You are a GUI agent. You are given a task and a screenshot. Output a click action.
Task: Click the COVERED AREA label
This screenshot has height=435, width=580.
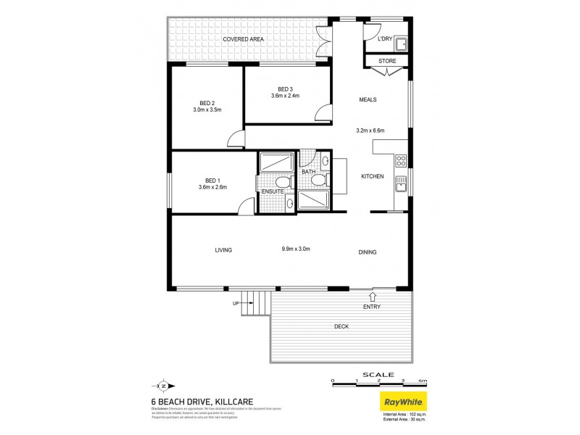click(243, 38)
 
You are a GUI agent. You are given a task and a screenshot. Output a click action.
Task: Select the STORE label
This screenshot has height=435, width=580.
click(388, 61)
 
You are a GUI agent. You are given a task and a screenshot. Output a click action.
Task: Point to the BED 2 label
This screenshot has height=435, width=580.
click(207, 102)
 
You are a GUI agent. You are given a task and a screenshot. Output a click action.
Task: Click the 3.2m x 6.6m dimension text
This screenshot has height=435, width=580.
click(370, 130)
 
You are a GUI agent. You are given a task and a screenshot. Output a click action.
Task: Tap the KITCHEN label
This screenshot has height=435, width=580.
click(373, 176)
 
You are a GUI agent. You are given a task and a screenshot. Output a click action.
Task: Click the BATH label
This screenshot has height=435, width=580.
click(308, 172)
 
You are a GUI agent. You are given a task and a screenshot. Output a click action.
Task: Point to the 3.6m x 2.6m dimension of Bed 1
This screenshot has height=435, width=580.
click(212, 187)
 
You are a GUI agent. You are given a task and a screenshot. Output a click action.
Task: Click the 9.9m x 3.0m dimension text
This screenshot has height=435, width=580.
click(296, 250)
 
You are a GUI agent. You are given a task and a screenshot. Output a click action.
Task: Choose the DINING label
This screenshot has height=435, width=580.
click(367, 252)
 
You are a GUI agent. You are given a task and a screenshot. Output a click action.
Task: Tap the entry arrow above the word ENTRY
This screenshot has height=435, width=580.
click(373, 296)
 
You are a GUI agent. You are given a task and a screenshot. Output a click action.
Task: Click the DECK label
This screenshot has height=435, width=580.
click(342, 326)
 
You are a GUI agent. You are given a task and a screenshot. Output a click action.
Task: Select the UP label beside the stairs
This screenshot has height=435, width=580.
click(236, 303)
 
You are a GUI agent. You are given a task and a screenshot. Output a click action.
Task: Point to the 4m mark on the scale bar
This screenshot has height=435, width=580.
click(423, 380)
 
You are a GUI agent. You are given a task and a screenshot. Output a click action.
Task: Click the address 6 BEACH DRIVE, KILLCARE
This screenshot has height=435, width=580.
click(194, 399)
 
